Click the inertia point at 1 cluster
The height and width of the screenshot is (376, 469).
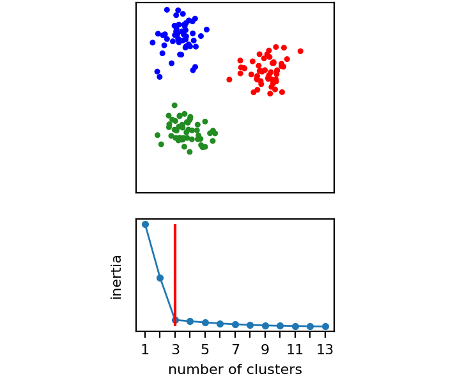click(x=145, y=225)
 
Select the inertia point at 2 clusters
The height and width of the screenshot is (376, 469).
click(x=160, y=278)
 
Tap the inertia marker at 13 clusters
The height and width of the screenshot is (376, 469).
click(x=325, y=327)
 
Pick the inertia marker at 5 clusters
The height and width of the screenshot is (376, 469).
click(x=205, y=323)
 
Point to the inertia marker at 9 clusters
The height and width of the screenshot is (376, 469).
click(x=265, y=326)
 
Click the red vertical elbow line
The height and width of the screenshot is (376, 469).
click(x=175, y=275)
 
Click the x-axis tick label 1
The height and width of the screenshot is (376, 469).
click(x=145, y=349)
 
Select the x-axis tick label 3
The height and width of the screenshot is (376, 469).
click(x=175, y=349)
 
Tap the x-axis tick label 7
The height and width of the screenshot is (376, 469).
click(x=235, y=349)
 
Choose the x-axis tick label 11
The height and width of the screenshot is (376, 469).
click(x=295, y=349)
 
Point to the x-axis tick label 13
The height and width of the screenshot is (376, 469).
click(x=325, y=349)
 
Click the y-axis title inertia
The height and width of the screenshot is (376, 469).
click(x=116, y=277)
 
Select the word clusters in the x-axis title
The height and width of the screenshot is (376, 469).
click(x=273, y=370)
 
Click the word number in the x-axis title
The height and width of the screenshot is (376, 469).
click(x=196, y=370)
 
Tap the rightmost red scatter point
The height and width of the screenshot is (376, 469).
click(x=300, y=52)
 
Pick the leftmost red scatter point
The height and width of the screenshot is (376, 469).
click(x=229, y=80)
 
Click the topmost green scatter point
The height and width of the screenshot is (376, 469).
click(x=174, y=105)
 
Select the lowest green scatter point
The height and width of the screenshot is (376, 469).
click(x=190, y=152)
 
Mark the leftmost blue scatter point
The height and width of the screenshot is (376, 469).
click(x=153, y=43)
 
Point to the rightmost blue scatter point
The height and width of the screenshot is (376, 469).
click(x=206, y=29)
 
